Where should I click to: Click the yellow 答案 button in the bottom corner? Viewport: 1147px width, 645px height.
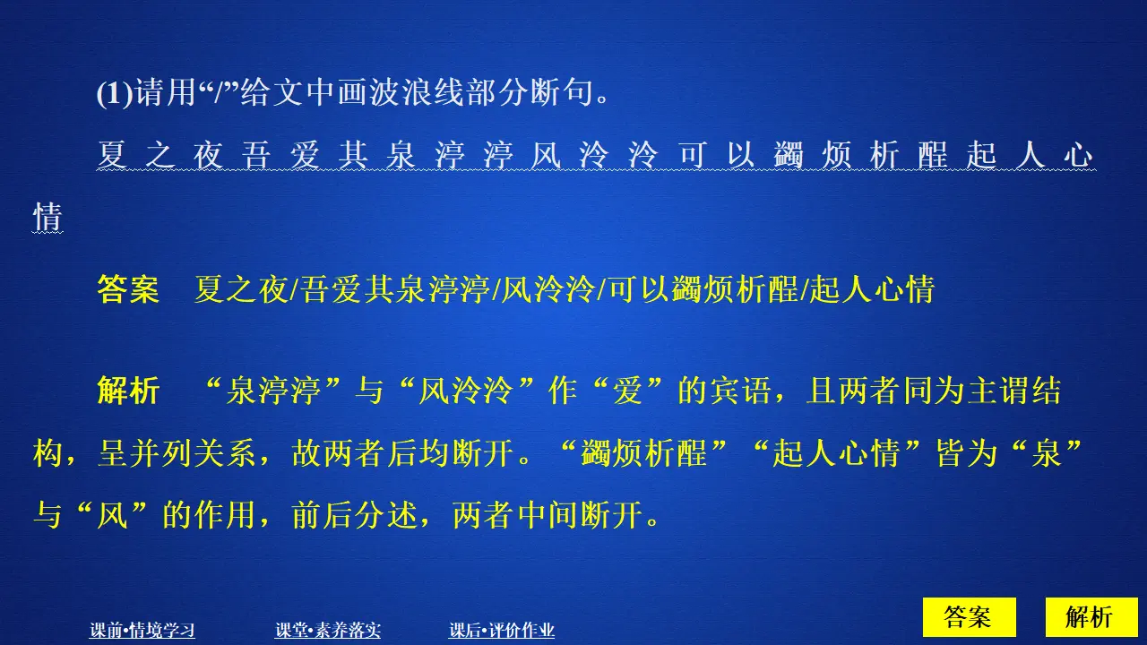pyautogui.click(x=968, y=617)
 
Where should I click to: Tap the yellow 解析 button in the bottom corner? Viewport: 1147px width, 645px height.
pyautogui.click(x=1090, y=617)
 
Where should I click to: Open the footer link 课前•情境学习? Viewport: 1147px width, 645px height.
pyautogui.click(x=142, y=631)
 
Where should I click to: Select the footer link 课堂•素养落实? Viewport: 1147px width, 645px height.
pyautogui.click(x=328, y=631)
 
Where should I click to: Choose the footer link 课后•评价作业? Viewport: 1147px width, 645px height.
pyautogui.click(x=502, y=631)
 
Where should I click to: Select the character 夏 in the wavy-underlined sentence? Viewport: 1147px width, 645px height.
pyautogui.click(x=112, y=156)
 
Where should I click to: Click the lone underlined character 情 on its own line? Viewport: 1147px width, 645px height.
pyautogui.click(x=47, y=217)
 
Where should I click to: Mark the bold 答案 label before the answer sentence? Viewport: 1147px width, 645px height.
pyautogui.click(x=127, y=289)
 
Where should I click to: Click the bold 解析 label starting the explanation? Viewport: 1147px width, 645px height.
pyautogui.click(x=127, y=391)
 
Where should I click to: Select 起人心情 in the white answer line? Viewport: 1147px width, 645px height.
pyautogui.click(x=871, y=289)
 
